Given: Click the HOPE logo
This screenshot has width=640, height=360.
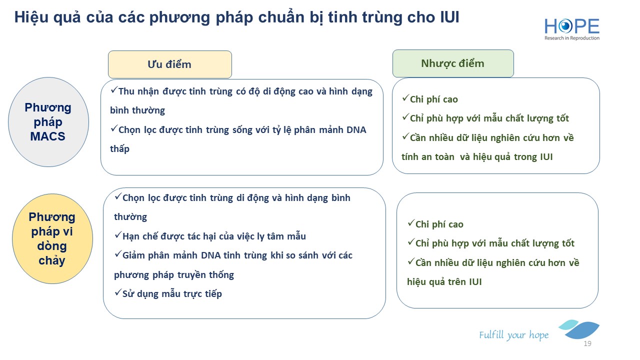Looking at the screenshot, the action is [572, 29].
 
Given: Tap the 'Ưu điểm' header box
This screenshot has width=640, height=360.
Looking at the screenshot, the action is [170, 64].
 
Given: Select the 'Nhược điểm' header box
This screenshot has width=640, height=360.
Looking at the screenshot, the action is [453, 63].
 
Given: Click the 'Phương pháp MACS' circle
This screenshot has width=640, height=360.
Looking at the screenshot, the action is [48, 122].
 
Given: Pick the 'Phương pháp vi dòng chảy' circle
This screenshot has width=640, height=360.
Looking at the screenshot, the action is [52, 239].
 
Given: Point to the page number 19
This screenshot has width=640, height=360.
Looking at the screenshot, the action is [587, 343].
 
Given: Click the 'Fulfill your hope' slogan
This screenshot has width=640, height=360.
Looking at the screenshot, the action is [513, 335].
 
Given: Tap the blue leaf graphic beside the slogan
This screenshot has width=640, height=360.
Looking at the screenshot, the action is [579, 329].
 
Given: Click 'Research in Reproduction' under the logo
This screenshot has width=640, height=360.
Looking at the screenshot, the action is [572, 38].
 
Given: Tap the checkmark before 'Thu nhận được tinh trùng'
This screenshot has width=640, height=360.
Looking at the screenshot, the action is [114, 90].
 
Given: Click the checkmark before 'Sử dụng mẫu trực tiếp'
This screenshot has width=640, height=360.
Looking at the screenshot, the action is [118, 292].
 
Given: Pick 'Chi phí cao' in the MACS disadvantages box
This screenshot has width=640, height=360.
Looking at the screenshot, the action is [433, 99].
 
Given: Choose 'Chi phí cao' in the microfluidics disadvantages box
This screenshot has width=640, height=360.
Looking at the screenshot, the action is [439, 224].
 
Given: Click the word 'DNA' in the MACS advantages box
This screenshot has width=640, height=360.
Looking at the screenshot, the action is [356, 130].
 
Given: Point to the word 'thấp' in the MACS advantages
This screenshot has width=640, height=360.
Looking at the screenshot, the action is [119, 149].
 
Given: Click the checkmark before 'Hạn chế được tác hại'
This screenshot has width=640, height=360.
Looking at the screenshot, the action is [118, 235].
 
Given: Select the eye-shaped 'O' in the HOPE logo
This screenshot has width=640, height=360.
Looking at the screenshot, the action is [565, 26].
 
